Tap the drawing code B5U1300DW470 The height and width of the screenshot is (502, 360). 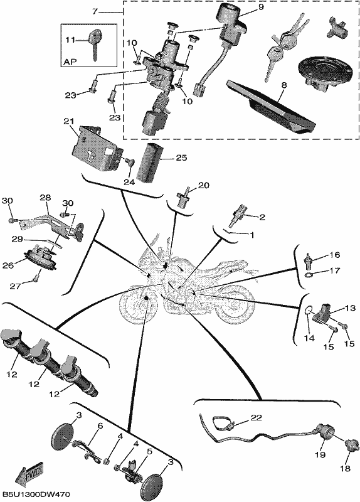[36, 495]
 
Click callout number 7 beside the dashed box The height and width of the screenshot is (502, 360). [95, 12]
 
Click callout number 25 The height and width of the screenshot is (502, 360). [181, 158]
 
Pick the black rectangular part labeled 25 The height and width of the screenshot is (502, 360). [149, 164]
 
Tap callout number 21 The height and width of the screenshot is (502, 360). [69, 122]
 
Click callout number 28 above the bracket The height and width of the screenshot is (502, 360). [45, 198]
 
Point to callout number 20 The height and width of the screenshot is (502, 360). [204, 185]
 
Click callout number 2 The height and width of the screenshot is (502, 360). [262, 217]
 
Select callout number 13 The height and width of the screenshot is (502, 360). [350, 308]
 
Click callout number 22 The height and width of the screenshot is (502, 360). [257, 417]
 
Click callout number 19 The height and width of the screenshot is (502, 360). [320, 454]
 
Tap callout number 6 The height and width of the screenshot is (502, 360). [100, 426]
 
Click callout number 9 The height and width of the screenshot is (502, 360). [261, 7]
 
